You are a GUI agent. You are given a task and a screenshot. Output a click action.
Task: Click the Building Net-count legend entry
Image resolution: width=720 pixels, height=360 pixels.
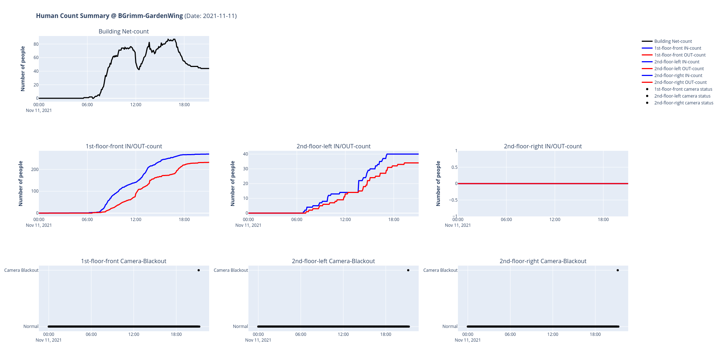coord(672,41)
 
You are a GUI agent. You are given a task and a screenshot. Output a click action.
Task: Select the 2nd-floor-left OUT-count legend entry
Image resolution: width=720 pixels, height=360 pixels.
coord(679,69)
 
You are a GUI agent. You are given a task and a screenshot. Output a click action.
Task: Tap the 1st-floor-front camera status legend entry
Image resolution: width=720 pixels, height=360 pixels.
coord(683,89)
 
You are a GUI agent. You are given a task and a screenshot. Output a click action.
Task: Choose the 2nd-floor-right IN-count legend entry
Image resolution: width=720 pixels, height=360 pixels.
coord(678,76)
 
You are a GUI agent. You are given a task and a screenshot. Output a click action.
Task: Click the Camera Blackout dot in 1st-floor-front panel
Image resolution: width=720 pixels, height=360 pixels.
coord(198,270)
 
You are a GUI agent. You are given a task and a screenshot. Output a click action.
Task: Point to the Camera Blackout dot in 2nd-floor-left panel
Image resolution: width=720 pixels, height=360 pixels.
coord(408,270)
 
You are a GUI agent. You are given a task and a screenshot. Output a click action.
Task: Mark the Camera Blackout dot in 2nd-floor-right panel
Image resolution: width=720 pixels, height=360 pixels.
coord(617,270)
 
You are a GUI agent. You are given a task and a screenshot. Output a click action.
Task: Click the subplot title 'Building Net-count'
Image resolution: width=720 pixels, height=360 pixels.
coord(123,32)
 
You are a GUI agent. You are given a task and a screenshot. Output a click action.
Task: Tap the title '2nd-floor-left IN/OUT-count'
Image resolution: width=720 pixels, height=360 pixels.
coord(333,147)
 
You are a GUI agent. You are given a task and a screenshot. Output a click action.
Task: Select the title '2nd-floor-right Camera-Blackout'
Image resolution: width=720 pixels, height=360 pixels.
coord(543,261)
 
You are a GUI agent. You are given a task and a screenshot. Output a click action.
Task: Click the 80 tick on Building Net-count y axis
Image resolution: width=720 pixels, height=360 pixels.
coord(36,44)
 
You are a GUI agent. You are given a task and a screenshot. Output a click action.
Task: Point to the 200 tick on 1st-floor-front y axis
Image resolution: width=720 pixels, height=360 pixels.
coord(35,170)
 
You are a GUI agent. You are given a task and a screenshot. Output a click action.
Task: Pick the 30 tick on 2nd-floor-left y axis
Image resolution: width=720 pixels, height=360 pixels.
coord(246,169)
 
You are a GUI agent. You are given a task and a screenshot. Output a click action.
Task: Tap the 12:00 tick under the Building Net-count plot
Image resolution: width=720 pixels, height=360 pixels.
coord(136,105)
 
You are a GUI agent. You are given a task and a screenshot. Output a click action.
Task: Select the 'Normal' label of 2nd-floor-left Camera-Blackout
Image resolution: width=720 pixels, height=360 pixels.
coord(240,327)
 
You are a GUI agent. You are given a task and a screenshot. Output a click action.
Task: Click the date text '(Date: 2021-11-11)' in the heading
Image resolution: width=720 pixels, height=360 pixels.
coord(211,16)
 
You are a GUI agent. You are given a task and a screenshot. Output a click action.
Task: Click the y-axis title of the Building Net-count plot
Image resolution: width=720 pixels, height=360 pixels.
coord(23,68)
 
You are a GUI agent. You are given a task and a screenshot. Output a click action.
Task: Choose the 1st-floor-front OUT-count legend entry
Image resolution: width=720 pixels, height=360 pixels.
coord(680,55)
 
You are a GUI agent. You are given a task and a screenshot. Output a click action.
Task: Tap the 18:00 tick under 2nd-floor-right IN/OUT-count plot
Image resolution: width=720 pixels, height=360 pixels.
coord(603,220)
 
